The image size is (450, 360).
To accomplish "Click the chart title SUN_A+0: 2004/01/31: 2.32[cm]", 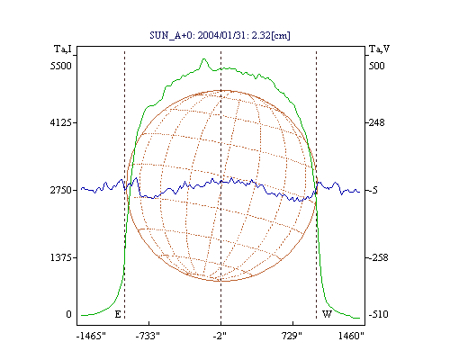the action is coord(220,35).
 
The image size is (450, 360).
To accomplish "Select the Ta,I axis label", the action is coord(63,49).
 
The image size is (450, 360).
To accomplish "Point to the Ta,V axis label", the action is coord(379,49).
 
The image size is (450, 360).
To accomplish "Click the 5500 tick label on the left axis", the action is coord(61,66).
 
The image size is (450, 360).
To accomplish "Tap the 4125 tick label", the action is coord(61,122).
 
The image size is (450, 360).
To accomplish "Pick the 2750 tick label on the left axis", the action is coord(61,190).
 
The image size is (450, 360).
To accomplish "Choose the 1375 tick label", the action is coord(61,257).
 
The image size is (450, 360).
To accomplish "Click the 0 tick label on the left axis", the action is coord(69,314).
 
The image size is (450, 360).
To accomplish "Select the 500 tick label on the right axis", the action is coord(376,66).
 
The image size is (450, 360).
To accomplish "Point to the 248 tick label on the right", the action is coord(376,122).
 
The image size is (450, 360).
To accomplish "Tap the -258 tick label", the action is coord(378,257).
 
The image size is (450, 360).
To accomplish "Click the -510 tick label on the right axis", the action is coord(378,314).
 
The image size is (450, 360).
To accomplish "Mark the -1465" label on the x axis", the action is coord(91,336).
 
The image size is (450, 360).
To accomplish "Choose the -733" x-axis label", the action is coord(148,336).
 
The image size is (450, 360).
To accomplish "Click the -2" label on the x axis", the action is coord(220,336).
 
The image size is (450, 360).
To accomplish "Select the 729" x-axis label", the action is coord(292,336).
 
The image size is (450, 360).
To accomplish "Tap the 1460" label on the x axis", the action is coord(351,336).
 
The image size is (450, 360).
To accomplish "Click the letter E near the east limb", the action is coord(118,314).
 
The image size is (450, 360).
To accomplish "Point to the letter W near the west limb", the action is coord(327,314).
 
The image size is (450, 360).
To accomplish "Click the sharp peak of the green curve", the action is coord(204,58).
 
